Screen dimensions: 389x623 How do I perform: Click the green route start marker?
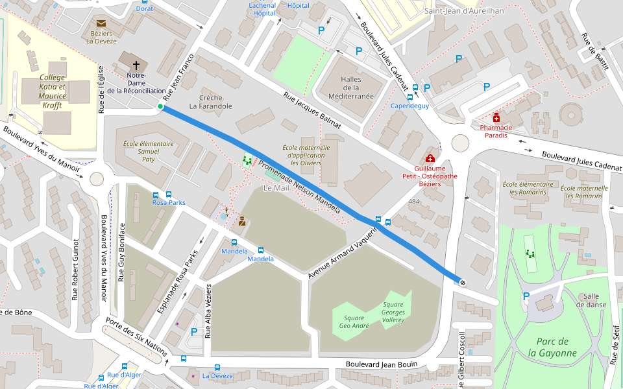tap(160, 106)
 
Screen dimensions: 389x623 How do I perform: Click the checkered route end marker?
tap(462, 281)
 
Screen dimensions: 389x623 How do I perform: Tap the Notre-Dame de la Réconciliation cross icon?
tap(136, 65)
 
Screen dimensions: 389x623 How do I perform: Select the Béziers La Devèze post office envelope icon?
tap(101, 24)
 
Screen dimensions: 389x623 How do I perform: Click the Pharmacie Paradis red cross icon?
tap(496, 117)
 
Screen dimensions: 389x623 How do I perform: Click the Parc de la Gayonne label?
tap(552, 348)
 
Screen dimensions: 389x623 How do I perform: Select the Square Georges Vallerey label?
tap(393, 312)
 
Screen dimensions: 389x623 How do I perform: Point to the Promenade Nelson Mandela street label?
tap(299, 188)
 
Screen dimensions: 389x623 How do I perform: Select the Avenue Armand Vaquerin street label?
tap(342, 253)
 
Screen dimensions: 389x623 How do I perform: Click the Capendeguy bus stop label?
tap(409, 106)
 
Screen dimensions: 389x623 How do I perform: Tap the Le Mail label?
tap(276, 188)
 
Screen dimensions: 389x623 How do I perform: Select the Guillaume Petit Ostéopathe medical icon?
tap(430, 159)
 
